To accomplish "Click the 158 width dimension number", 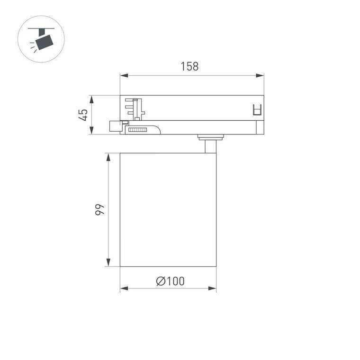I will [189, 66].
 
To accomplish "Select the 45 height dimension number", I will [83, 115].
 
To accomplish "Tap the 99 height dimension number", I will [99, 210].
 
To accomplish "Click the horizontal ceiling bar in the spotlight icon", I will [41, 29].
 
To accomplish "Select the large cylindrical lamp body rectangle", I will [168, 210].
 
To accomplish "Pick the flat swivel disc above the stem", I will [210, 138].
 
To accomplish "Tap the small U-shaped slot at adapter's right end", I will [257, 109].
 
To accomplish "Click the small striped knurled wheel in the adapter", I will [138, 129].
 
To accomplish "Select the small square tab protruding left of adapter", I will [114, 126].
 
